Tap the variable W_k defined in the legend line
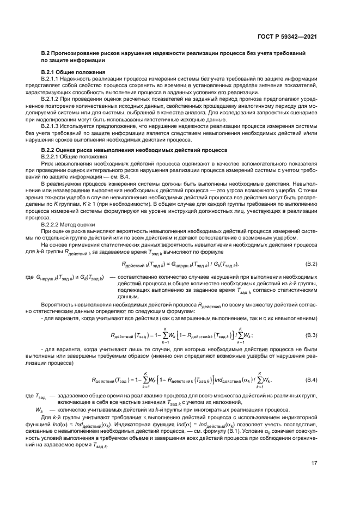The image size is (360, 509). [39, 410]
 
